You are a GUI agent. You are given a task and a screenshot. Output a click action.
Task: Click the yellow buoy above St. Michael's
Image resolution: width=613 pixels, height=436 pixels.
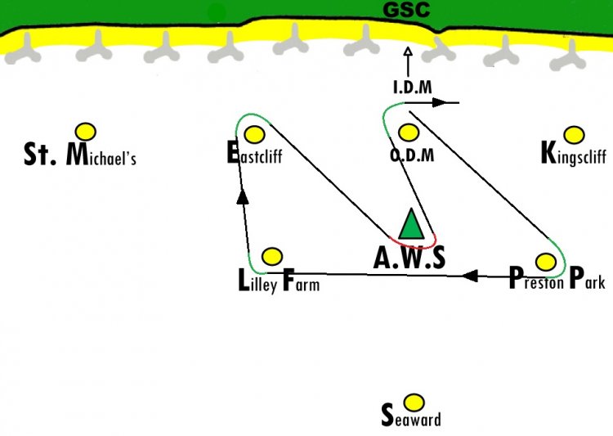[86, 132]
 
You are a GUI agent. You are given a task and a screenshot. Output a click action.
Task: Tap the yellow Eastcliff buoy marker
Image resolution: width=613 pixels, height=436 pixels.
[254, 134]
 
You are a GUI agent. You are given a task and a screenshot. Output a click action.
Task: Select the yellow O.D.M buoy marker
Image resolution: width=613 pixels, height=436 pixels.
[409, 133]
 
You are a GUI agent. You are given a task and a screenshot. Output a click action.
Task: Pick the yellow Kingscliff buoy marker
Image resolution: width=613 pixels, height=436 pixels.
[574, 135]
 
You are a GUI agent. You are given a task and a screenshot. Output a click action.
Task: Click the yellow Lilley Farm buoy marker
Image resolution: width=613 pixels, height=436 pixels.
[271, 256]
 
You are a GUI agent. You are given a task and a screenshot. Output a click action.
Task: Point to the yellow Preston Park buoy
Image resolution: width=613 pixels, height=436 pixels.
[545, 262]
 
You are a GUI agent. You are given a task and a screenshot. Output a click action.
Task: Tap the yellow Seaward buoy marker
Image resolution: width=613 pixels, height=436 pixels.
[414, 402]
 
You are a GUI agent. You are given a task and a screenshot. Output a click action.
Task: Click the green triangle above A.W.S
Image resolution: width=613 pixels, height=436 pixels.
[411, 224]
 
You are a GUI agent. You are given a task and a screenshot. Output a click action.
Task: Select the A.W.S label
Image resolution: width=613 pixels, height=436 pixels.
[409, 258]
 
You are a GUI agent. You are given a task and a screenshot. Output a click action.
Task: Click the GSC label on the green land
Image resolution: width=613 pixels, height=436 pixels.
[406, 10]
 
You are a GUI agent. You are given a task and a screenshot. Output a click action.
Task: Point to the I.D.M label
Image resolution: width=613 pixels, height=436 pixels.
[413, 88]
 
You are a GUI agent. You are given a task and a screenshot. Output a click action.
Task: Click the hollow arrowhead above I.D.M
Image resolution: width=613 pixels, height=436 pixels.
[408, 52]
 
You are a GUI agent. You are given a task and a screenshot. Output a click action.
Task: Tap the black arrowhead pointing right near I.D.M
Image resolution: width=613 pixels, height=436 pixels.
[440, 103]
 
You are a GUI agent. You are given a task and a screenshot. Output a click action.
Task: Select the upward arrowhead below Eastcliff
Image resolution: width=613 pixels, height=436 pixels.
[243, 196]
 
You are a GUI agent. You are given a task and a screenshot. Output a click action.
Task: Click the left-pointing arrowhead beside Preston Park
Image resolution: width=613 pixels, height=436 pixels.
[470, 276]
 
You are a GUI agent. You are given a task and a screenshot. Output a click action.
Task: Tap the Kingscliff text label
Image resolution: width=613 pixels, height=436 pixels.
[574, 155]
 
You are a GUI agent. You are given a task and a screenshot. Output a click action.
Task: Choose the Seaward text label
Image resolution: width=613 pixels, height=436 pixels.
[411, 416]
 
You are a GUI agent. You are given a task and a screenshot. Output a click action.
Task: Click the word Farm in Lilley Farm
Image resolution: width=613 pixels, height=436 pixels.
[301, 281]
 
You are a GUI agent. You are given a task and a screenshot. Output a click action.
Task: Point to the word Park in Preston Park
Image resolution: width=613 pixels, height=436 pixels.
[587, 278]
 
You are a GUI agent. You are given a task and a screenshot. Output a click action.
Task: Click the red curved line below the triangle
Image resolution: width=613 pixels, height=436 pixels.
[415, 246]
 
